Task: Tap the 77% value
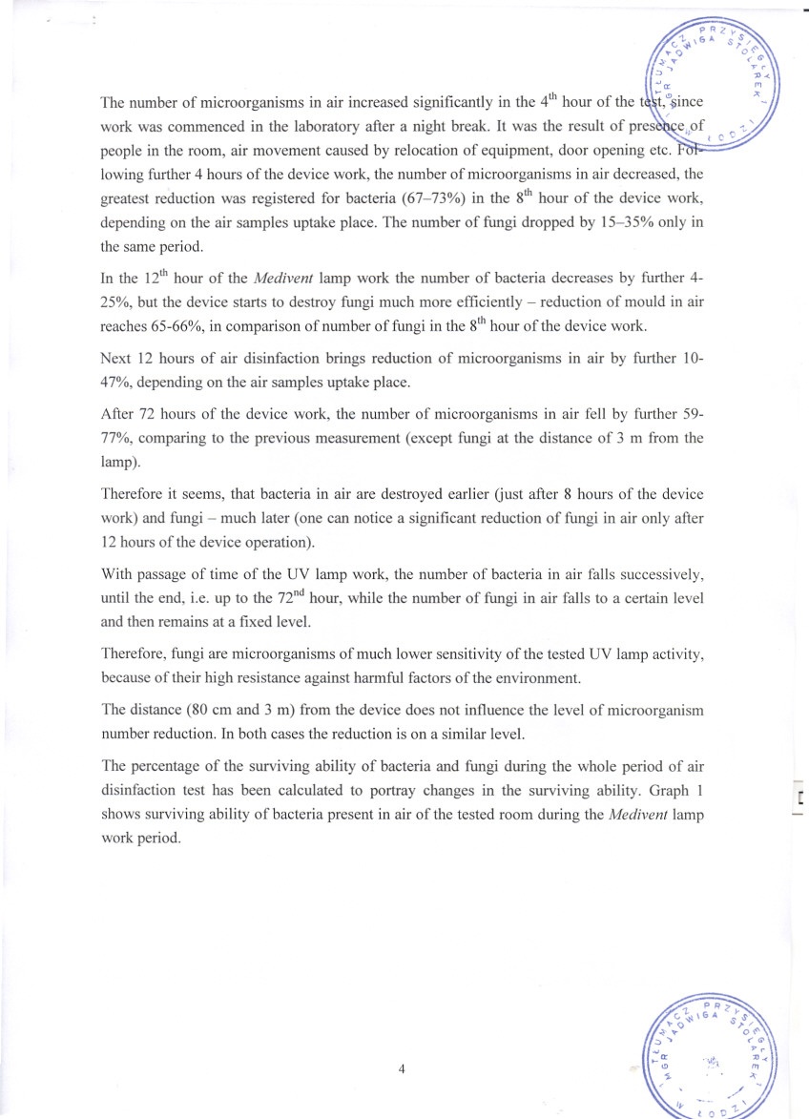117,439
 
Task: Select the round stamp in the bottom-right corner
716,1055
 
